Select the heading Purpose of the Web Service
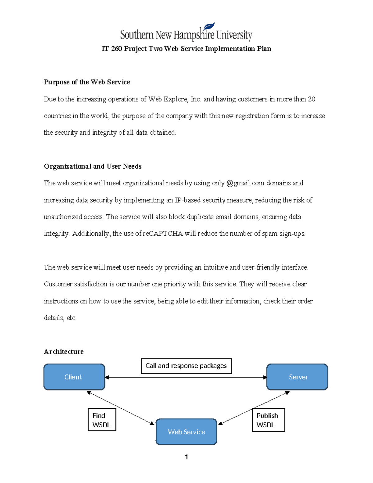pos(87,82)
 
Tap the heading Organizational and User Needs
pos(93,166)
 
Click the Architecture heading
pos(64,352)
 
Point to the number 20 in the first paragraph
pos(311,99)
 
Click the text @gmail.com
pos(245,183)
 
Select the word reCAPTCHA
pos(163,234)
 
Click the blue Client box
pos(74,377)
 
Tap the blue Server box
pos(297,377)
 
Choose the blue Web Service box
pos(186,432)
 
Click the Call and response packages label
pos(186,366)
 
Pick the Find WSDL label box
pos(102,420)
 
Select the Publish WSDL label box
pos(268,420)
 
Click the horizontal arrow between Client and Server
pos(186,378)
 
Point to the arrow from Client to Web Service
pos(121,408)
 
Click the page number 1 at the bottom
pos(186,457)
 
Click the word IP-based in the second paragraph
pos(187,200)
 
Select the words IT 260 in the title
pos(112,49)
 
